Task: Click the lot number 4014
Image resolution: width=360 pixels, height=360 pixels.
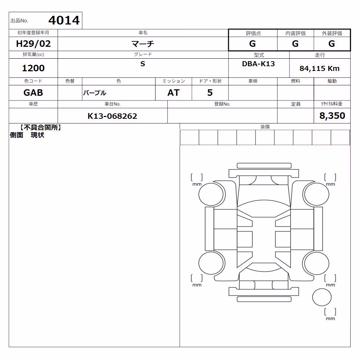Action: pos(64,21)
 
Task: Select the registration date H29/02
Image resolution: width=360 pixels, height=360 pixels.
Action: pos(33,44)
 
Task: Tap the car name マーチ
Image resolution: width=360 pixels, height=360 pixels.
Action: pos(143,44)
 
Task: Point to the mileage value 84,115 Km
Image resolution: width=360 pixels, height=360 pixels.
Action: pos(319,68)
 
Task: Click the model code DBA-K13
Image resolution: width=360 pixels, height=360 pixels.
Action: pos(258,64)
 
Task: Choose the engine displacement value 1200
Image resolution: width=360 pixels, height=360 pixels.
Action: pos(33,68)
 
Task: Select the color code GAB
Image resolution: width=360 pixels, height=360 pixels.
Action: pos(33,93)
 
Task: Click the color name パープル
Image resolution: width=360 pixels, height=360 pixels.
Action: pos(95,93)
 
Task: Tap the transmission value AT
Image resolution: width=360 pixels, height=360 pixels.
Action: pos(174,93)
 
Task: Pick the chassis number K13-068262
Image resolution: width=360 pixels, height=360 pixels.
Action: pos(112,116)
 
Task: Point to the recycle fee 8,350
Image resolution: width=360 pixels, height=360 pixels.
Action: pos(332,116)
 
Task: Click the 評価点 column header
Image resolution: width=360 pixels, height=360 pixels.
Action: pos(253,33)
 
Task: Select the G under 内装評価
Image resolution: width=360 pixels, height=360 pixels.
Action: pos(295,44)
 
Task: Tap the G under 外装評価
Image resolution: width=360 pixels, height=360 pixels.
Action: pos(332,44)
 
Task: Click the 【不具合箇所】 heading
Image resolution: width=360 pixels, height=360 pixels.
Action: pos(41,128)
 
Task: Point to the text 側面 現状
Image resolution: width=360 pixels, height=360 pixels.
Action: pos(27,135)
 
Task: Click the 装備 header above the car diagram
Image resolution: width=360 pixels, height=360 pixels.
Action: pos(265,127)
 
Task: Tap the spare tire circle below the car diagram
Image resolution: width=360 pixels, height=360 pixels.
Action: pos(322,297)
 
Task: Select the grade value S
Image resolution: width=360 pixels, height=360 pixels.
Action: pos(143,64)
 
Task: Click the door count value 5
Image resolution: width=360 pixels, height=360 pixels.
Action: pos(210,93)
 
